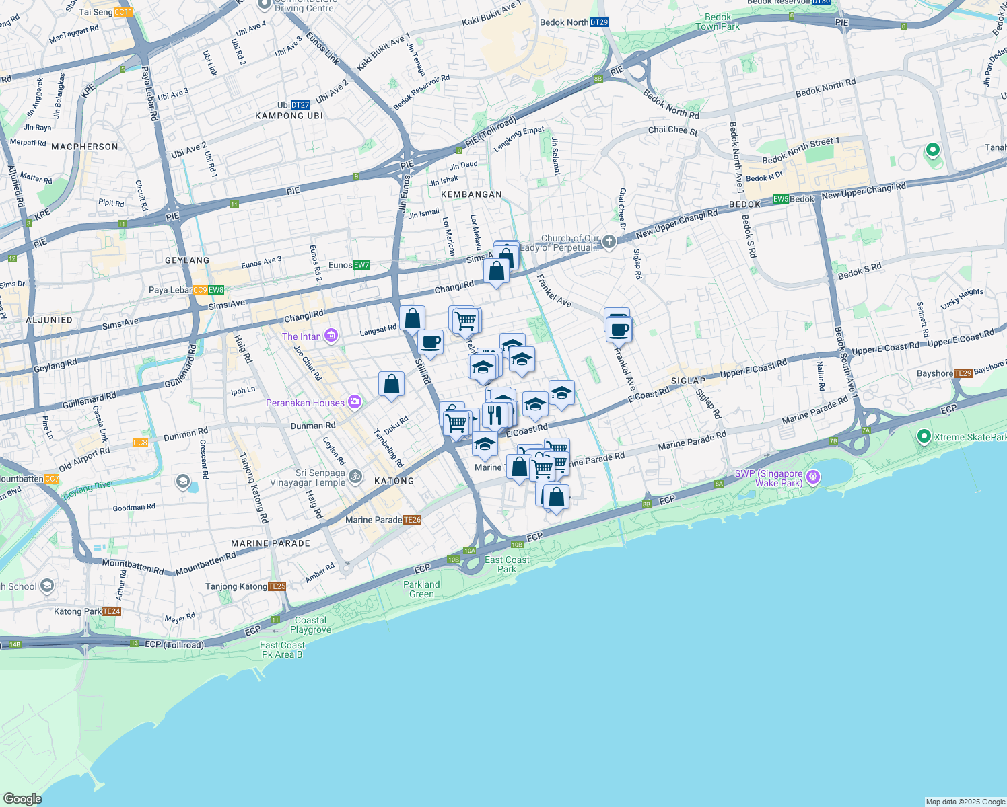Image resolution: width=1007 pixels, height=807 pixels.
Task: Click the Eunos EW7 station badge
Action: (x=361, y=265)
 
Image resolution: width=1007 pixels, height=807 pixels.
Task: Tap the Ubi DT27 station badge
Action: (x=300, y=105)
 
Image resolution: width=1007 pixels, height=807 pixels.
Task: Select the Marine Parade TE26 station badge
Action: (x=412, y=520)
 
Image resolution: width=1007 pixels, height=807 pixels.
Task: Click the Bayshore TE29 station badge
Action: (x=963, y=373)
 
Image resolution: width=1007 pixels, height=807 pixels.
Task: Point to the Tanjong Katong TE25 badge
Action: (x=277, y=586)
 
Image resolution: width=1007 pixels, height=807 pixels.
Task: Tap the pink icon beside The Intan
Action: (x=331, y=336)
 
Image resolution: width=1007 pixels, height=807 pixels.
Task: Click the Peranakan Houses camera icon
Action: (x=354, y=403)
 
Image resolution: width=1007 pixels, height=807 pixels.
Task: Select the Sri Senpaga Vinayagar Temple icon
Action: (x=355, y=477)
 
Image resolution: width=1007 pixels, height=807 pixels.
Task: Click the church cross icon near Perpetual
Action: (x=609, y=242)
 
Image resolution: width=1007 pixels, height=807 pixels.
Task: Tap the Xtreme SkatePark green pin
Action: (x=924, y=436)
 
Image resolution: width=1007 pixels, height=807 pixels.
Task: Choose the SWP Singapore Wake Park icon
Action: (x=813, y=477)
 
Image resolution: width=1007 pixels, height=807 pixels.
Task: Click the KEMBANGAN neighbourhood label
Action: (x=471, y=194)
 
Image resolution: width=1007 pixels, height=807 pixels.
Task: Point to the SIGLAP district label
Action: (x=688, y=381)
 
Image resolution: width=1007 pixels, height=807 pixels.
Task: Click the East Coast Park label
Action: (x=507, y=564)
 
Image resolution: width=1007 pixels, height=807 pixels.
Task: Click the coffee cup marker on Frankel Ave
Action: (x=619, y=330)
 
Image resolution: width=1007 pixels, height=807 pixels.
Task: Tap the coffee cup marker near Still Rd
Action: (x=430, y=342)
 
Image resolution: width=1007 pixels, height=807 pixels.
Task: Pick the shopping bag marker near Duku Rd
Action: (x=391, y=385)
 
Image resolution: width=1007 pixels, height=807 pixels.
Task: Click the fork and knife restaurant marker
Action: (x=495, y=414)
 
